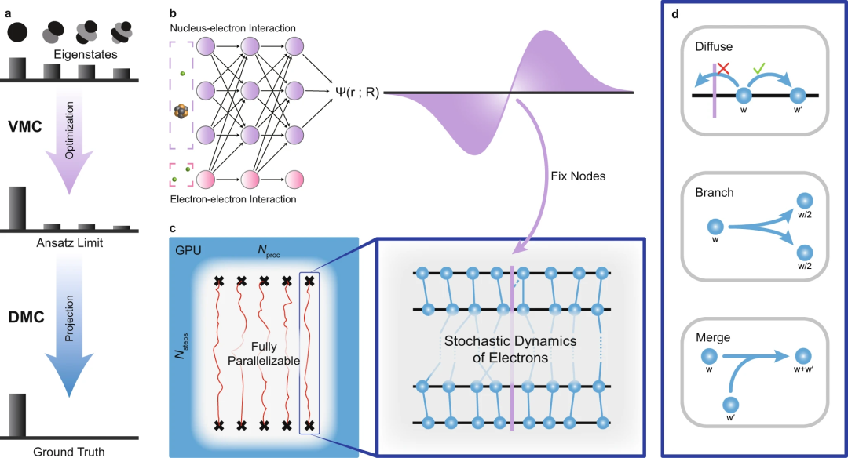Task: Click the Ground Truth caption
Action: pos(69,451)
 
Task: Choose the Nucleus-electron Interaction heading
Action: pos(232,28)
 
